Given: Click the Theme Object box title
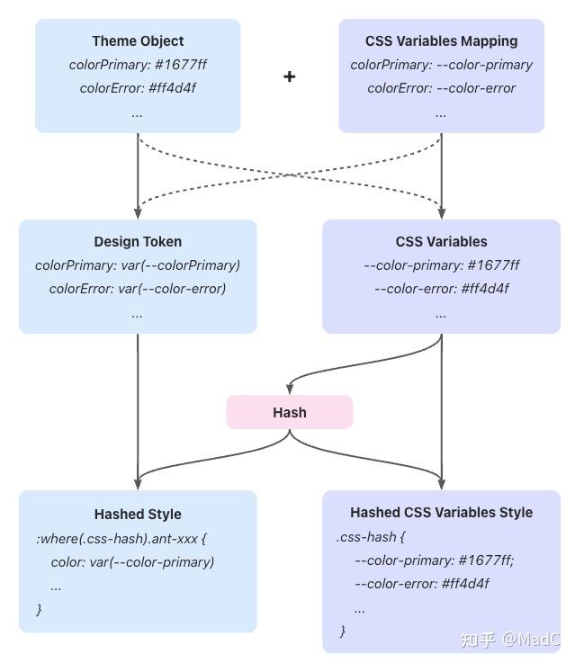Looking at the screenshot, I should pos(138,41).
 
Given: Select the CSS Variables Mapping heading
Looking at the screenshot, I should pos(441,41).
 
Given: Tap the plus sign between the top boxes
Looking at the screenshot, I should pos(289,76).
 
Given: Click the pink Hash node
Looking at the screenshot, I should pos(289,412).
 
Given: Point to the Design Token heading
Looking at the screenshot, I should pos(138,242).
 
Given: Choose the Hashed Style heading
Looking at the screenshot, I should pos(138,515).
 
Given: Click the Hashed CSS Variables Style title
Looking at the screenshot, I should pos(441,513).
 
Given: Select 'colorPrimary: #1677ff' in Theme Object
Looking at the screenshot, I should pos(138,65).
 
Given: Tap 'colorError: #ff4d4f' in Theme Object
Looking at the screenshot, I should pos(138,88).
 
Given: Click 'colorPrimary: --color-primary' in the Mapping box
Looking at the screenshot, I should pos(441,65).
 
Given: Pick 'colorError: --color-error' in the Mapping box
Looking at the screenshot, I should pos(441,88).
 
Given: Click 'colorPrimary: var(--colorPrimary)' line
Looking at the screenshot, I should pos(138,265).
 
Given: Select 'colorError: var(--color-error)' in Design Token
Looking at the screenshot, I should pos(138,289).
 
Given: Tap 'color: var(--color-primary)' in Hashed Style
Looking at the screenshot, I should pos(132,562).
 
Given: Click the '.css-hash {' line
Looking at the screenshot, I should pos(371,537).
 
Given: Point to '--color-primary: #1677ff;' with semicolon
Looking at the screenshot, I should pos(434,560).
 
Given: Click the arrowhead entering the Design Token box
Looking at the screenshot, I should pos(138,213).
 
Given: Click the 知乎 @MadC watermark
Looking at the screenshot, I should pos(509,640).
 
